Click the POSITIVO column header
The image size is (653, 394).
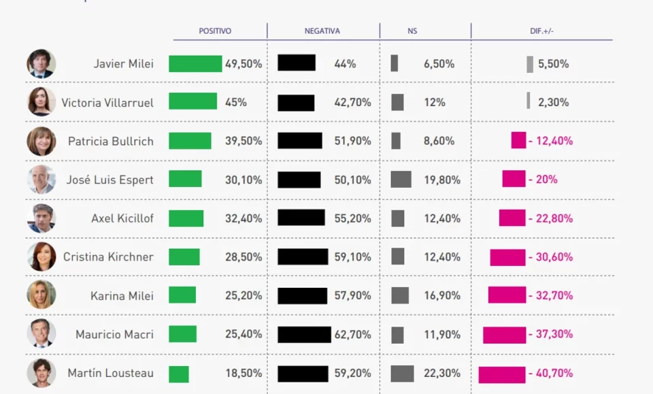(x=215, y=31)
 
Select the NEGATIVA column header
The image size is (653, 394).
(x=322, y=31)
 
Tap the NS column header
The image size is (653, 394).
(x=412, y=31)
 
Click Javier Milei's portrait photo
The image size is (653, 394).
(x=41, y=64)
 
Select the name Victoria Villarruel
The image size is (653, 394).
(x=107, y=103)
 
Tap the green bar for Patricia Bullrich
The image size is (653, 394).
(x=190, y=141)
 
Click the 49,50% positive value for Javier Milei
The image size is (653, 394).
(x=244, y=64)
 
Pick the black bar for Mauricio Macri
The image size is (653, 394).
(x=304, y=334)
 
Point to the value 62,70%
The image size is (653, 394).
(x=352, y=334)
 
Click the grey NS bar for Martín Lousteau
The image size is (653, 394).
(x=402, y=373)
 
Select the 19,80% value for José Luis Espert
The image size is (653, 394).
(x=442, y=180)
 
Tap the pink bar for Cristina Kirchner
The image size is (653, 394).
(x=507, y=257)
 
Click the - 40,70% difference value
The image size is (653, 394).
(x=551, y=373)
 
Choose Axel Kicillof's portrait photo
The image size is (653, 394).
(x=41, y=218)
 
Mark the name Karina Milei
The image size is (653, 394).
(x=122, y=296)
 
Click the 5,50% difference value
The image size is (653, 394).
(x=553, y=64)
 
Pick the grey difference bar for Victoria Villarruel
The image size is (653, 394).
(x=529, y=101)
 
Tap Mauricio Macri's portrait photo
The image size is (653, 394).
(x=41, y=334)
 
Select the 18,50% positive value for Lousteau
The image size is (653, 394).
(x=244, y=373)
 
